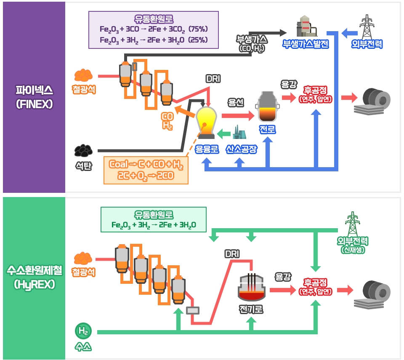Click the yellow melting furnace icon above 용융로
(x=206, y=123)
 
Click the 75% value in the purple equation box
(x=198, y=29)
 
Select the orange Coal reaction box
(x=146, y=170)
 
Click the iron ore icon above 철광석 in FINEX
(x=83, y=75)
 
